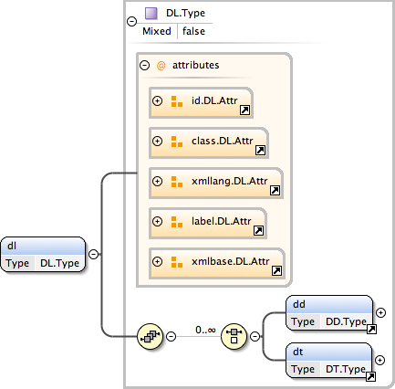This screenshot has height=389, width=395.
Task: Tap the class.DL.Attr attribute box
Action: tap(208, 142)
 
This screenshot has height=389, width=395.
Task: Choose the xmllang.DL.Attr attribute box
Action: tap(216, 182)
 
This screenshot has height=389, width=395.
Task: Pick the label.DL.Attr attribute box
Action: tap(208, 222)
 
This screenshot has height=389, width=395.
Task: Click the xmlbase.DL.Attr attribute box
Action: tap(217, 262)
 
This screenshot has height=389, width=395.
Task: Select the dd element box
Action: tap(329, 311)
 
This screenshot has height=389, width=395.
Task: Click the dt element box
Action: tap(329, 359)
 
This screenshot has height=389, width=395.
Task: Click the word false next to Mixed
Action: tap(193, 31)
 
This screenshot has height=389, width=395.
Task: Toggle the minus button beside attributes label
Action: tap(144, 65)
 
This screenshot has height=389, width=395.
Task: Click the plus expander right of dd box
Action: tap(380, 311)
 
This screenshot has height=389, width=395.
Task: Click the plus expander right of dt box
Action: tap(380, 359)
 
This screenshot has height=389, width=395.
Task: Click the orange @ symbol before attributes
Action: tap(161, 65)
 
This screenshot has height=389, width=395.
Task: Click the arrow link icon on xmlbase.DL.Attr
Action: tap(276, 270)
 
